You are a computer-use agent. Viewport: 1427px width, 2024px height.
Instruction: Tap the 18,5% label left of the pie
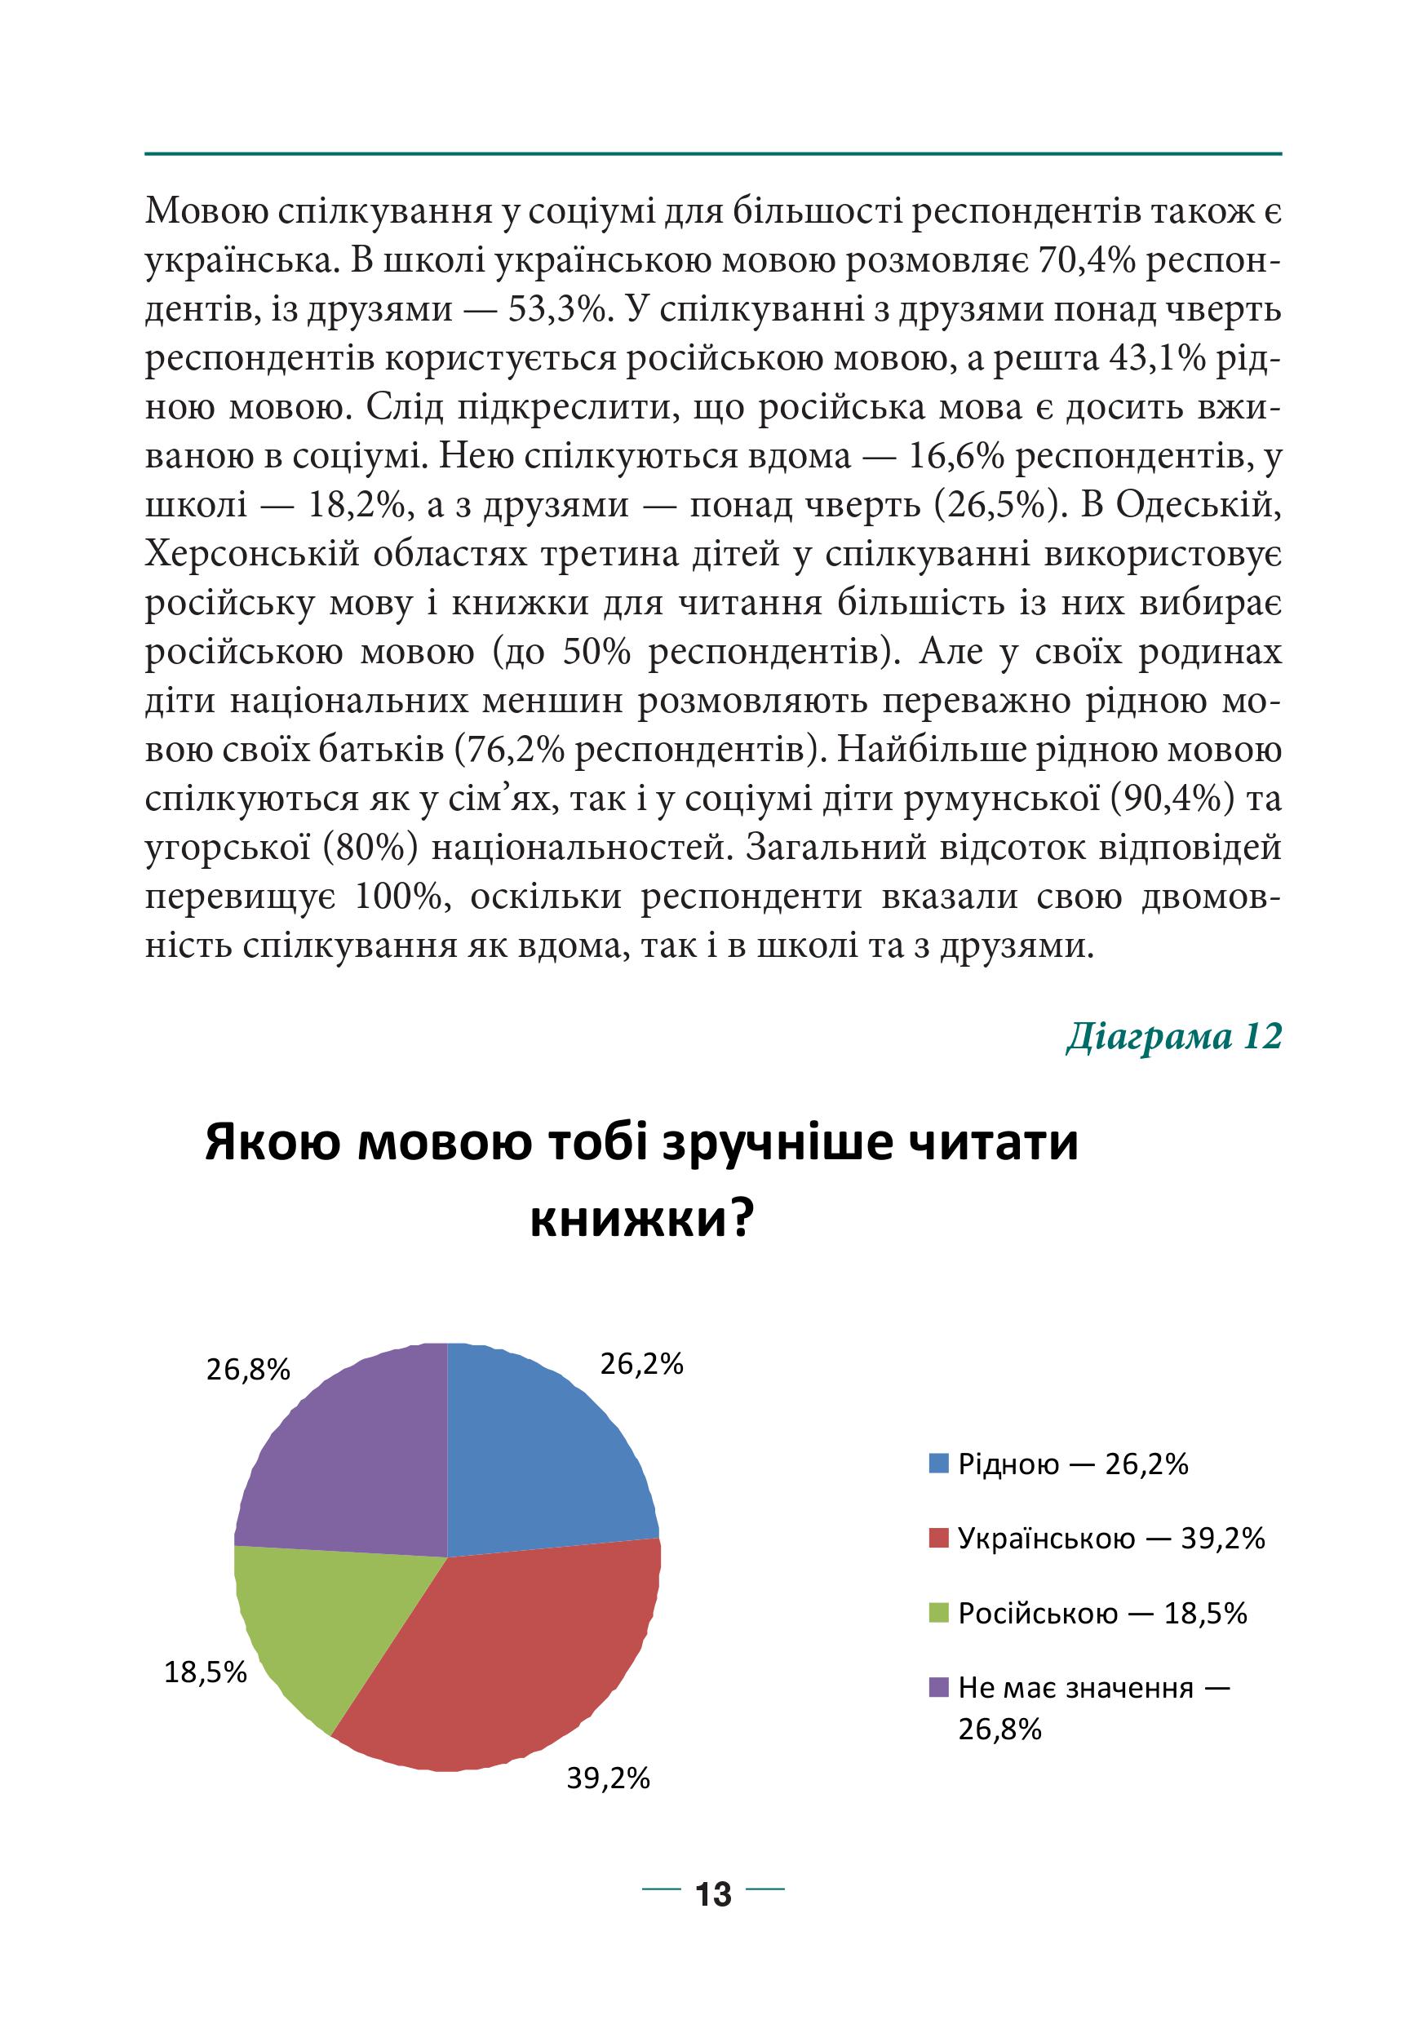click(206, 1672)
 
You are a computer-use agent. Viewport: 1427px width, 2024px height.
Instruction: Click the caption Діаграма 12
click(1173, 1036)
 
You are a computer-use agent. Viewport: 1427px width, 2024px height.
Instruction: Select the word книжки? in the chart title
click(641, 1221)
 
